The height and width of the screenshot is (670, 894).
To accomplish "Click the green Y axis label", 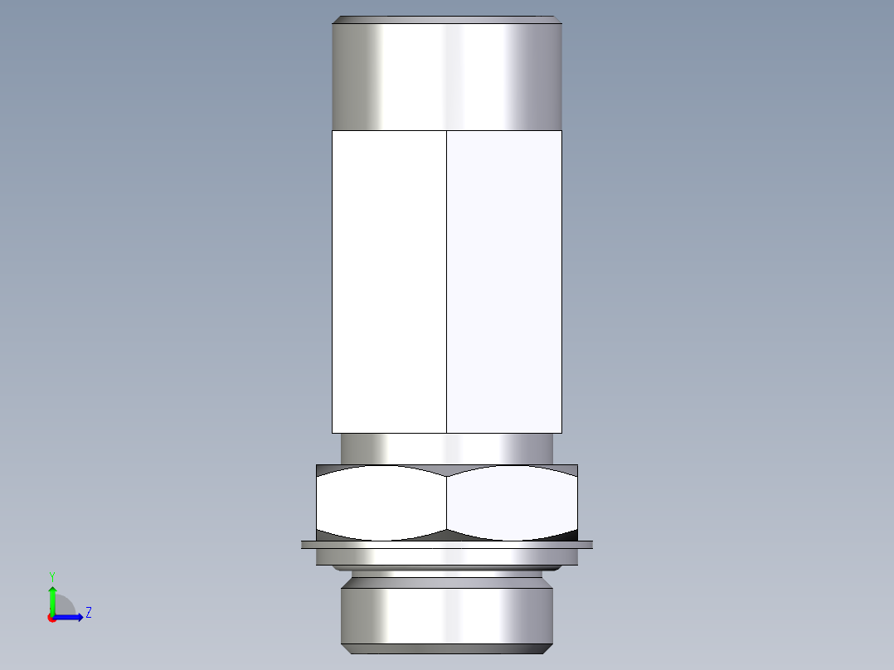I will (51, 575).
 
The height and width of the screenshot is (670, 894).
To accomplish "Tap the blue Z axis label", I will (88, 613).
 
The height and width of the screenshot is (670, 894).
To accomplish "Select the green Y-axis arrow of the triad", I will (52, 599).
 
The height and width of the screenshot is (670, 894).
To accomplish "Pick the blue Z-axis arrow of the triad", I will (71, 617).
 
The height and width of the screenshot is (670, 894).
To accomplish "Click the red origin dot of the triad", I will (51, 618).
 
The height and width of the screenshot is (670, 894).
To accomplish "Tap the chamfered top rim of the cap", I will (446, 19).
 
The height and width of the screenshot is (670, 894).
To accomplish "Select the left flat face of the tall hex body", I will (389, 282).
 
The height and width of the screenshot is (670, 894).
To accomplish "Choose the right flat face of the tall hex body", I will (504, 282).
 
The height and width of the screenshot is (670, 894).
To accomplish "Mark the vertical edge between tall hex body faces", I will (447, 282).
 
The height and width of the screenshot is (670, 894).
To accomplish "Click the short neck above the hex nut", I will (446, 449).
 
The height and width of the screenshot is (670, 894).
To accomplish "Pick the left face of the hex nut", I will (381, 502).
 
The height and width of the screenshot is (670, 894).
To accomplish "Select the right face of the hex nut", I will (512, 502).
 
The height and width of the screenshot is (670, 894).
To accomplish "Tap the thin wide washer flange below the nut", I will (446, 545).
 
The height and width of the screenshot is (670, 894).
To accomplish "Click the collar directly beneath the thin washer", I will (446, 557).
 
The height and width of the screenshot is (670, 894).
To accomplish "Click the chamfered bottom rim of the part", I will (446, 648).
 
